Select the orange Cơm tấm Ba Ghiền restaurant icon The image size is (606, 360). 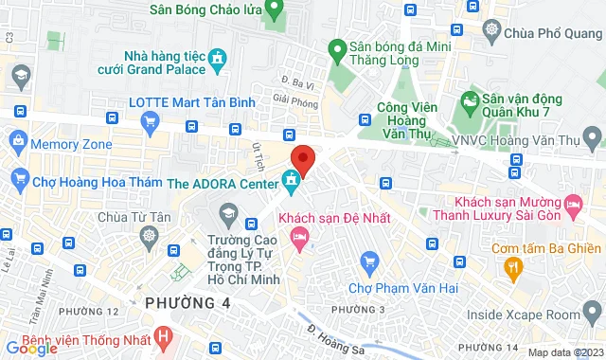tap(514, 270)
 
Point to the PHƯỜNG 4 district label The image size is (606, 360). tap(188, 302)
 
